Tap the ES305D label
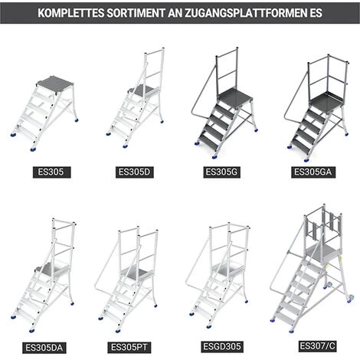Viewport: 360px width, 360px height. point(136,172)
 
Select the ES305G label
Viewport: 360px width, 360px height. point(223,172)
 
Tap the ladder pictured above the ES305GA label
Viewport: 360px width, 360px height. point(314,103)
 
